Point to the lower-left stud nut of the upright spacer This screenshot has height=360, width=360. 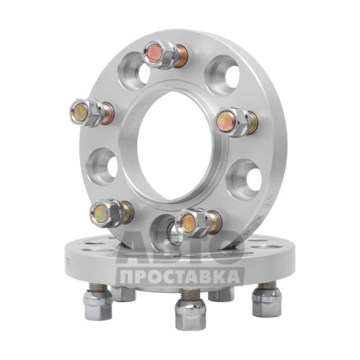[x=107, y=213]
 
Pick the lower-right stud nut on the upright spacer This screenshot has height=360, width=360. [x=193, y=223]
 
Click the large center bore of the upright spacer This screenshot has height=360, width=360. [x=174, y=146]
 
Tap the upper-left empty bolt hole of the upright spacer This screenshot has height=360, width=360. [x=135, y=71]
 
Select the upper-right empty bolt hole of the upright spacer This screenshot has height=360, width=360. [x=223, y=75]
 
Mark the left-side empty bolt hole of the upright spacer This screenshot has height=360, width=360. [x=102, y=167]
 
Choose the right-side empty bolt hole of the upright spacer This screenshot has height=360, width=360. [x=244, y=179]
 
